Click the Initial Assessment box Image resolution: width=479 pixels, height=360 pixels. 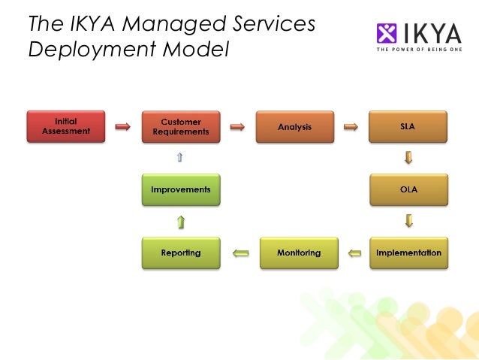65,126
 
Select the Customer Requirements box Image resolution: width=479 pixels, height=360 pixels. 181,126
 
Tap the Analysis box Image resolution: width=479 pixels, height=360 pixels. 294,126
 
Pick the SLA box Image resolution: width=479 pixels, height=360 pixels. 408,126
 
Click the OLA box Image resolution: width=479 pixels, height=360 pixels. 408,189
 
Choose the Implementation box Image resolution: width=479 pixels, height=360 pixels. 408,253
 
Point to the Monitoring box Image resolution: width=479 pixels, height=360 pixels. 298,253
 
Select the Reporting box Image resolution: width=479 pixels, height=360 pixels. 181,253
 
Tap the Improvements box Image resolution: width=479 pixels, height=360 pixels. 181,189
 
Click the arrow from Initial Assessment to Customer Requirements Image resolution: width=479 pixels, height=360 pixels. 122,127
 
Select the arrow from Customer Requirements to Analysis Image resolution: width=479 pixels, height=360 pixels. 237,127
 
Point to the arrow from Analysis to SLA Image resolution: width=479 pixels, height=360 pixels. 350,127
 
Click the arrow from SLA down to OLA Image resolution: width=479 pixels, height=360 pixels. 408,158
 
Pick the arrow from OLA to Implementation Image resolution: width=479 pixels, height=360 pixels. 408,221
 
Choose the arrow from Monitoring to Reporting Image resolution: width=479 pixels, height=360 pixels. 240,253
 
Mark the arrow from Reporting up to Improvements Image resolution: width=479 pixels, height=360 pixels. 181,222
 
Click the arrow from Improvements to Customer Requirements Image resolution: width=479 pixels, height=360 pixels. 179,158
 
